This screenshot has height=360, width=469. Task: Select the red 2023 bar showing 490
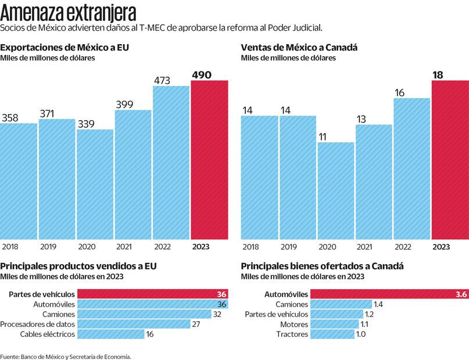209,160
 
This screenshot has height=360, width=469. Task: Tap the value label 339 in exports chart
86,123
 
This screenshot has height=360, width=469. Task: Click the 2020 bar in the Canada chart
336,190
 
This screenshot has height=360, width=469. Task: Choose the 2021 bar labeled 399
133,174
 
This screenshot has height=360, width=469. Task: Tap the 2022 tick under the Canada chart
403,247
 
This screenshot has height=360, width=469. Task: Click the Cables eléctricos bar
111,334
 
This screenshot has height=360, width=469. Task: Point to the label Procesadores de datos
37,324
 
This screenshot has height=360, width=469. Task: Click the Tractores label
292,334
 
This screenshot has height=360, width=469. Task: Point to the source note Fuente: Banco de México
65,357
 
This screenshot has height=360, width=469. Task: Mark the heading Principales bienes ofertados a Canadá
323,266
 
